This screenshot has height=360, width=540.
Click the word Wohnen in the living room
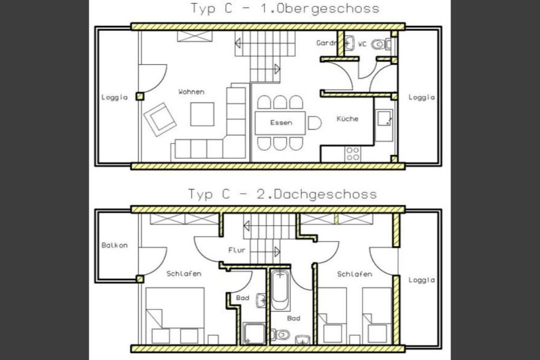(191, 92)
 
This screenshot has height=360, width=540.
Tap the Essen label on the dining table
(281, 122)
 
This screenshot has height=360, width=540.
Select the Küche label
(347, 119)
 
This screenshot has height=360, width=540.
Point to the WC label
(362, 44)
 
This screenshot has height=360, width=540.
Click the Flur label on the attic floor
(237, 250)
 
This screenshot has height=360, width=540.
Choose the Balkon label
(114, 246)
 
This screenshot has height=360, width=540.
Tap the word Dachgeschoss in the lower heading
(325, 194)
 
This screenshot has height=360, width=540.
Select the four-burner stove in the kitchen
(353, 153)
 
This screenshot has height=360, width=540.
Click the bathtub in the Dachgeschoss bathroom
(280, 290)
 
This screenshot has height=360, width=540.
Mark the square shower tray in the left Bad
(255, 334)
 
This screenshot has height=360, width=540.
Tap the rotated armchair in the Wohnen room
(160, 119)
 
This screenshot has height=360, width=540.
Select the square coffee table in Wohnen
(202, 114)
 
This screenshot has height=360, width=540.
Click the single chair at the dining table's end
(314, 123)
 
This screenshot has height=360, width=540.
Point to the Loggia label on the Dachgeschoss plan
(421, 280)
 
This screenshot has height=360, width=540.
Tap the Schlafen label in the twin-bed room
(354, 274)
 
